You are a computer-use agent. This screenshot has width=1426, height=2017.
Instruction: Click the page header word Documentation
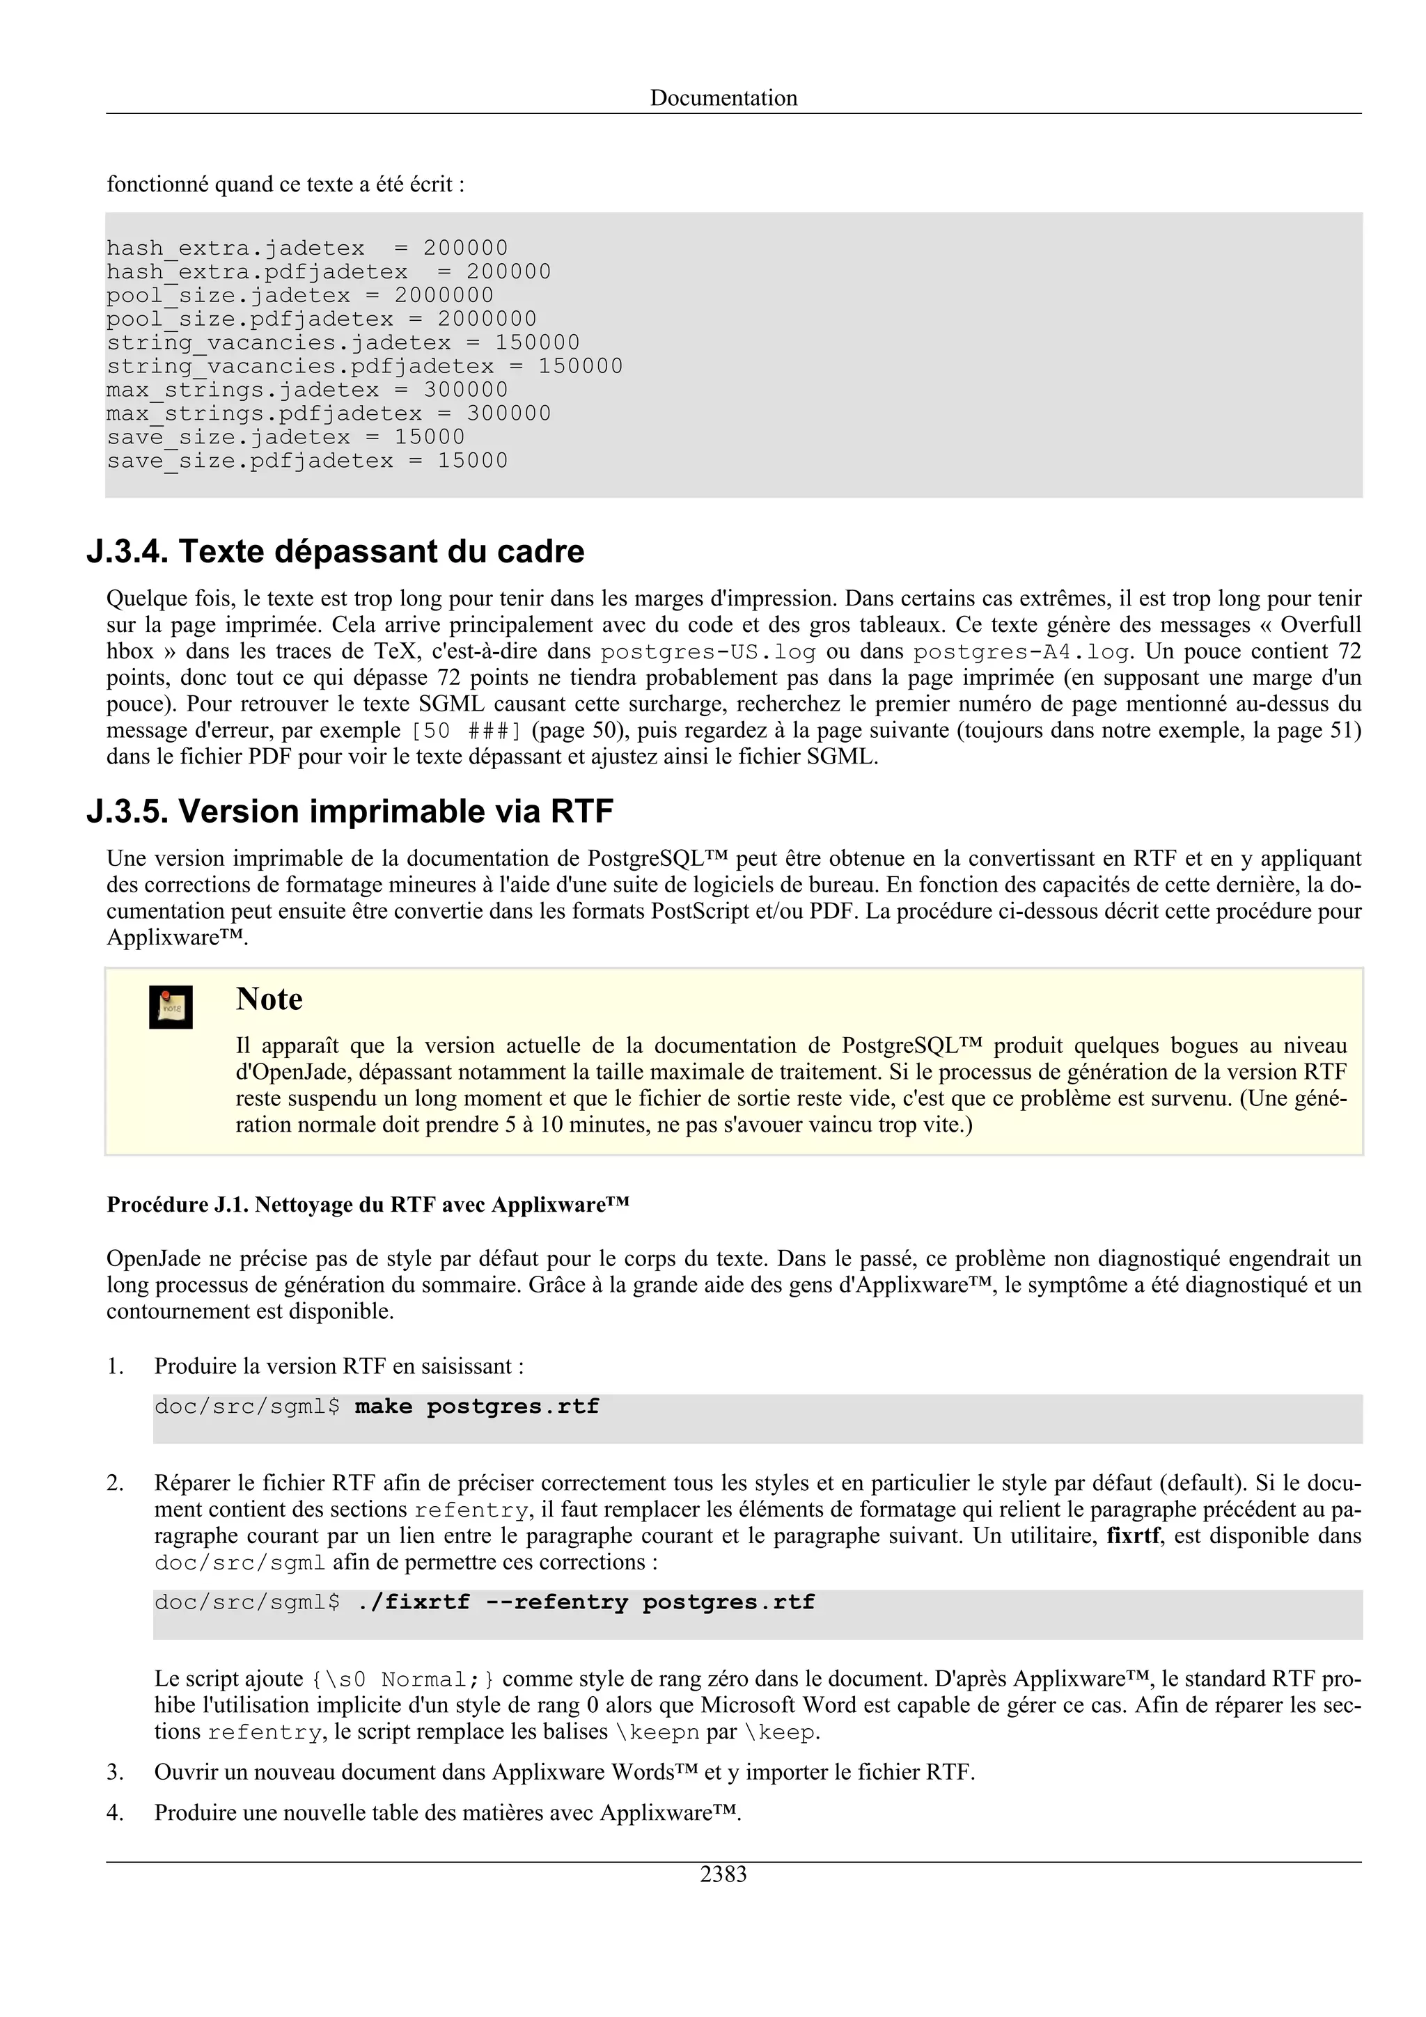tap(723, 97)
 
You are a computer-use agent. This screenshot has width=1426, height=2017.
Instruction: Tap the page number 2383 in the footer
tap(723, 1874)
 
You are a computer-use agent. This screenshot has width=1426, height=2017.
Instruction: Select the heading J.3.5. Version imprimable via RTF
tap(350, 811)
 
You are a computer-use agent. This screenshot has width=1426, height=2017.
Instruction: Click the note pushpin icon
tap(171, 1006)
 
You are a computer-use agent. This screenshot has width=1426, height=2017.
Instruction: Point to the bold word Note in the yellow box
tap(269, 999)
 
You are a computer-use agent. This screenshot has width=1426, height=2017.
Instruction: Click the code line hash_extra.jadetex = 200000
tap(306, 248)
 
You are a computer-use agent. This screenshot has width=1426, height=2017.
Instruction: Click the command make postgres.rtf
tap(476, 1406)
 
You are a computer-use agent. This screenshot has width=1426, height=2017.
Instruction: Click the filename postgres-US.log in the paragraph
tap(708, 652)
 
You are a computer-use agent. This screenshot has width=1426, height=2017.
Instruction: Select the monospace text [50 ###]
tap(467, 731)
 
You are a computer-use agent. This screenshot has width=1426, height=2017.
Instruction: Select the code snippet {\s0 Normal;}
tap(402, 1679)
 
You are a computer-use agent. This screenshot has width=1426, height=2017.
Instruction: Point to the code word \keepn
tap(664, 1732)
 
